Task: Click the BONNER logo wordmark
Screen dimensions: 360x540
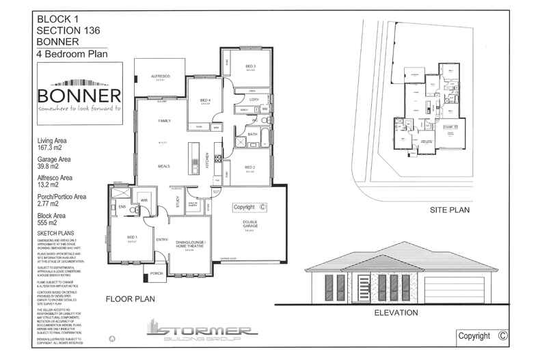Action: (x=79, y=96)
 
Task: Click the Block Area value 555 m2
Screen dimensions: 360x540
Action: (x=48, y=223)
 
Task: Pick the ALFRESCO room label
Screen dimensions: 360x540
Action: (x=160, y=75)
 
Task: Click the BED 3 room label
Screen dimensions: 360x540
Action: (x=250, y=66)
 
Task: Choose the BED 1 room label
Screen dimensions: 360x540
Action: (x=132, y=238)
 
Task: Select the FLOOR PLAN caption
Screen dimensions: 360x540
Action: (x=131, y=299)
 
